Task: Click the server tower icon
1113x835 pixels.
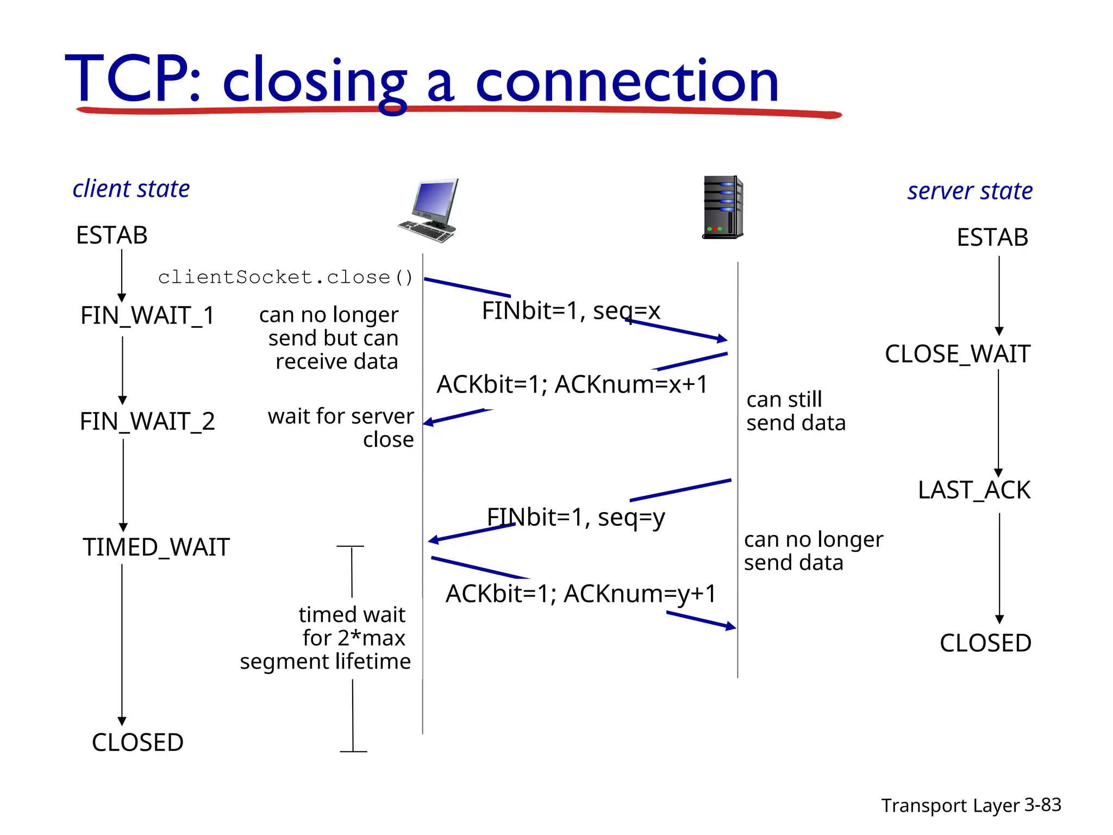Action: pyautogui.click(x=723, y=208)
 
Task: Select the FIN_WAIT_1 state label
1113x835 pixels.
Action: pyautogui.click(x=147, y=316)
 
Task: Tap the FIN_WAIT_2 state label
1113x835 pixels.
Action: pyautogui.click(x=147, y=422)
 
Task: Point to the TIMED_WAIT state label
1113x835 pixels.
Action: pyautogui.click(x=156, y=547)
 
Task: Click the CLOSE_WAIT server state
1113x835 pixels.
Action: pyautogui.click(x=958, y=354)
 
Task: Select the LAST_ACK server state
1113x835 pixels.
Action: pyautogui.click(x=974, y=490)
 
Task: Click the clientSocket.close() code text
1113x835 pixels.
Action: pyautogui.click(x=285, y=278)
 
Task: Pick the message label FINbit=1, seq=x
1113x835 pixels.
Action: pyautogui.click(x=571, y=311)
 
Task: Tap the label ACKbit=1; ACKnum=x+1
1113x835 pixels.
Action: pyautogui.click(x=572, y=385)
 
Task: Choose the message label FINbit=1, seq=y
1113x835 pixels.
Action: pyautogui.click(x=576, y=517)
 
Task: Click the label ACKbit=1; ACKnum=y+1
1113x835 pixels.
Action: pyautogui.click(x=581, y=594)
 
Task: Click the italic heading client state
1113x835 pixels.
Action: pyautogui.click(x=131, y=189)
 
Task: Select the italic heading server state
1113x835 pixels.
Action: pyautogui.click(x=970, y=191)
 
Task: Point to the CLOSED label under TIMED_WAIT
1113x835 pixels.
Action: pyautogui.click(x=137, y=743)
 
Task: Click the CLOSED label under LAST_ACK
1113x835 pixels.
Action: pyautogui.click(x=985, y=644)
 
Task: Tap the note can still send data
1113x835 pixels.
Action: pyautogui.click(x=796, y=412)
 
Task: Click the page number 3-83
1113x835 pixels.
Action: pyautogui.click(x=1042, y=805)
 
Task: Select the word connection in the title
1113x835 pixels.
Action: pyautogui.click(x=627, y=82)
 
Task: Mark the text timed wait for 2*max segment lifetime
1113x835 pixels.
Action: pyautogui.click(x=326, y=638)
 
